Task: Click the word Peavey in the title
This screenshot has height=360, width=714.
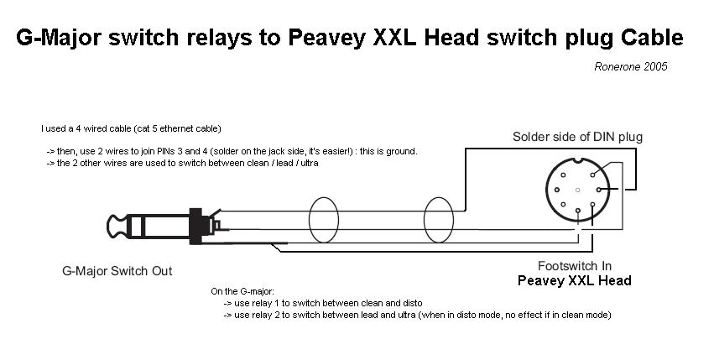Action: point(326,38)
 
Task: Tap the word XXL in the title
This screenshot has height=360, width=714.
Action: point(393,38)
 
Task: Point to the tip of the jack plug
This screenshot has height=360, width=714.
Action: point(108,226)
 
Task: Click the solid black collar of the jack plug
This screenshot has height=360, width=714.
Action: point(195,226)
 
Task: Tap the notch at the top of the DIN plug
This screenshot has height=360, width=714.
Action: point(578,160)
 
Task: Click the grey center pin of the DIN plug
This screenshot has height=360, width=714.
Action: point(578,190)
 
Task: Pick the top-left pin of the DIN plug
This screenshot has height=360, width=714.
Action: point(563,175)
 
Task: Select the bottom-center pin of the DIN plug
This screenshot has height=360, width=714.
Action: point(578,211)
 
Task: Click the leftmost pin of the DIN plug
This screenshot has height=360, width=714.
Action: point(556,190)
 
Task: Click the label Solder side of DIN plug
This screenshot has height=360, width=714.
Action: point(577,137)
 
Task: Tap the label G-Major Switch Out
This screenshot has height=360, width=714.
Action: point(117,271)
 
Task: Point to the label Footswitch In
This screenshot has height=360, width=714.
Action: point(575,266)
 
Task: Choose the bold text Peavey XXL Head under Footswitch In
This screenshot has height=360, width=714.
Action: point(575,281)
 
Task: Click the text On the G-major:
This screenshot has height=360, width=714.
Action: point(242,291)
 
